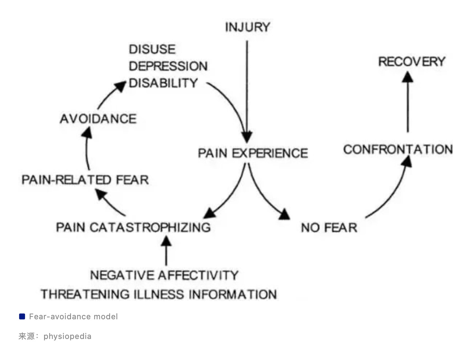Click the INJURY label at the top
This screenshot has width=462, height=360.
[247, 27]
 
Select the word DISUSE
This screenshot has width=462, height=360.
[152, 49]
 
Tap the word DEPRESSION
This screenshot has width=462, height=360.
[168, 66]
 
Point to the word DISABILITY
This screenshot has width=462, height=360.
[163, 83]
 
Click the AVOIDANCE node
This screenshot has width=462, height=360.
[98, 119]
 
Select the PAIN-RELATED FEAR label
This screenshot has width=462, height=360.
[85, 180]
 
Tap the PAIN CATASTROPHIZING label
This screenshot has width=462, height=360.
[133, 227]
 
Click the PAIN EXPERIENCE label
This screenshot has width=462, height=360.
[253, 153]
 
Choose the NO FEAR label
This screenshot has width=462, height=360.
[329, 227]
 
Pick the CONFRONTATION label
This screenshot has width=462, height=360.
[398, 149]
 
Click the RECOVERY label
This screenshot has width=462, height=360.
[411, 61]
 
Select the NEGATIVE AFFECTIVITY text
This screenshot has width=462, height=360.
[164, 275]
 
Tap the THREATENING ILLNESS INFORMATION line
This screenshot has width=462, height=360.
[158, 294]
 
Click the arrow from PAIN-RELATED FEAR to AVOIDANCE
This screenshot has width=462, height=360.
[87, 148]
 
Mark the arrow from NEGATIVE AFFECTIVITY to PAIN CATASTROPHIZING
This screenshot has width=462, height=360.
[166, 251]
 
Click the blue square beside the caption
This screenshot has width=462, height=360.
[22, 317]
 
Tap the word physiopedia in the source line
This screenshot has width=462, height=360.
[67, 336]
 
